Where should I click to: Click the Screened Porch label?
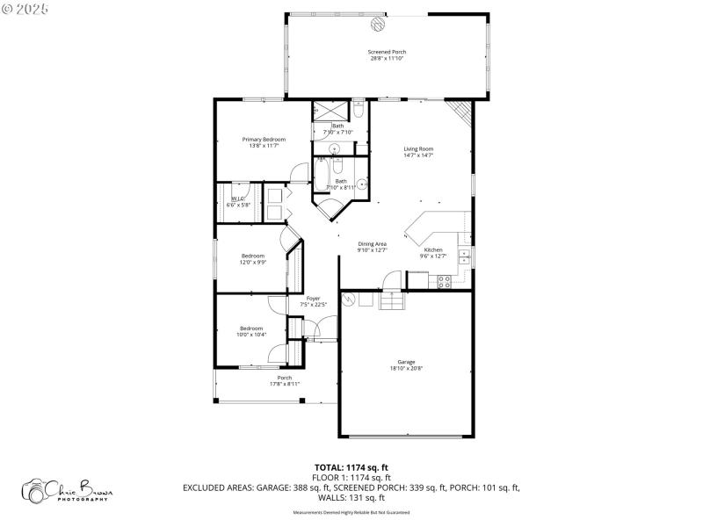tap(387, 52)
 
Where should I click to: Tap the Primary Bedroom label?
tap(264, 139)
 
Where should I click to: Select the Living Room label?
tap(418, 148)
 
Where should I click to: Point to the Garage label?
tap(406, 362)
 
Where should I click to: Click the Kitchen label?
tap(433, 249)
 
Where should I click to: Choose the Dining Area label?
tap(373, 243)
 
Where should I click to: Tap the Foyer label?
tap(313, 299)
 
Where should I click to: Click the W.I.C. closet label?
tap(236, 199)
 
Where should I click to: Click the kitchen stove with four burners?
tap(444, 282)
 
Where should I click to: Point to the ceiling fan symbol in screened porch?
tap(376, 24)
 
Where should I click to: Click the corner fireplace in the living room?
tap(459, 112)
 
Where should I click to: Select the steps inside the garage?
tap(391, 301)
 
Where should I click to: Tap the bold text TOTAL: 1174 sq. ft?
tap(351, 467)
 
